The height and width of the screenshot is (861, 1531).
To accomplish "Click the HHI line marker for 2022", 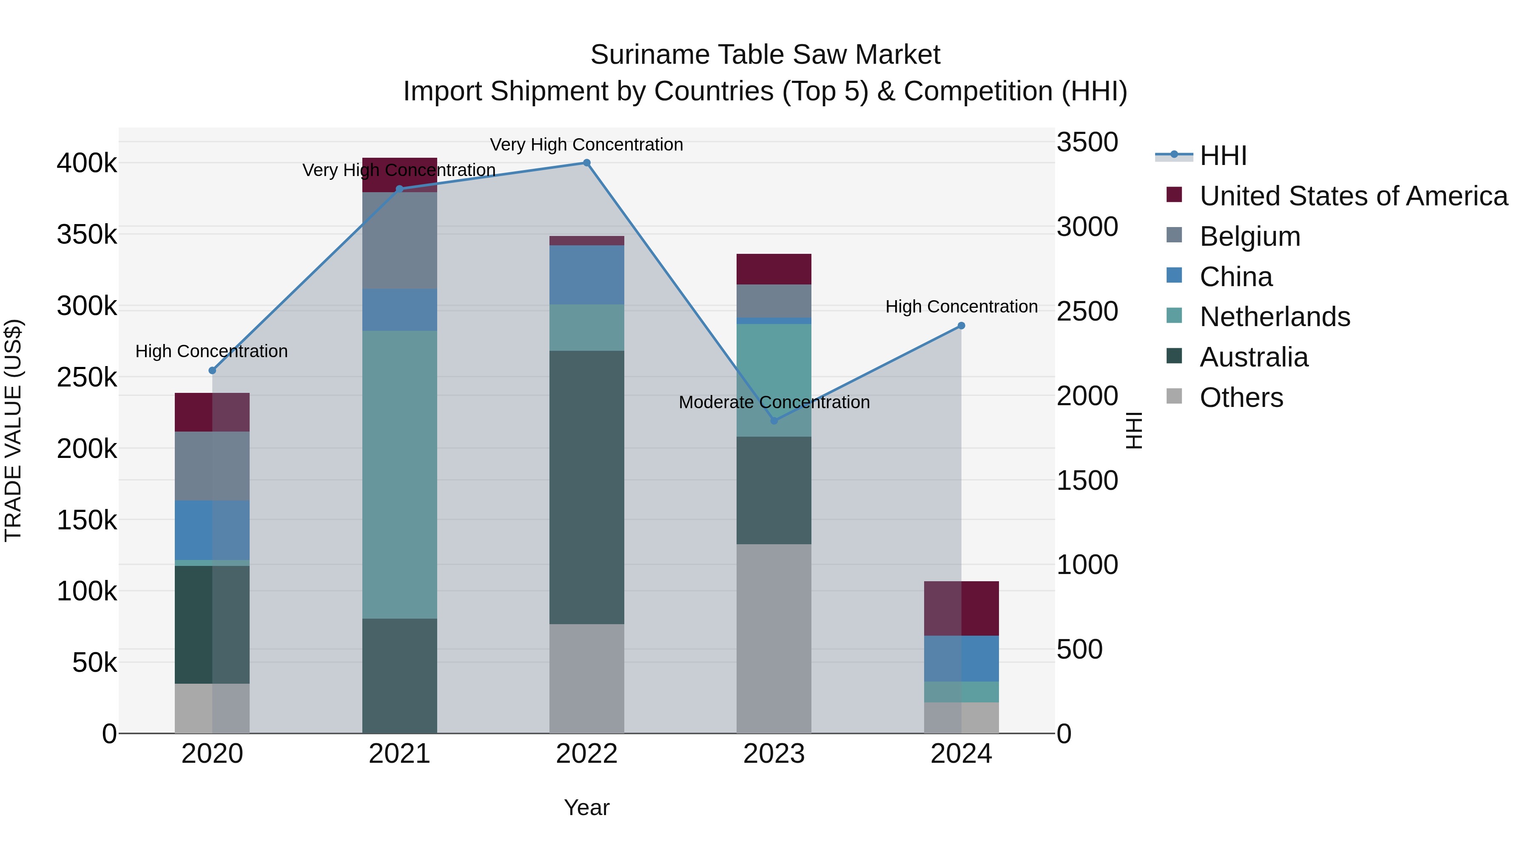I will [x=586, y=163].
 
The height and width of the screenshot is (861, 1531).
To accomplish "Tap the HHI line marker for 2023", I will [x=774, y=421].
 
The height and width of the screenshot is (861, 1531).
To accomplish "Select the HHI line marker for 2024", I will [x=961, y=326].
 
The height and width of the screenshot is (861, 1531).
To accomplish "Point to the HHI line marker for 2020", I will [x=212, y=370].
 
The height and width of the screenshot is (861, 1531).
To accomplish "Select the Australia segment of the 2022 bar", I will [x=586, y=487].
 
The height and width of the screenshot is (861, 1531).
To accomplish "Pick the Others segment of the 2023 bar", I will [x=774, y=639].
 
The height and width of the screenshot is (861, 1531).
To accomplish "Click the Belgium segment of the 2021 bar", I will [x=399, y=241].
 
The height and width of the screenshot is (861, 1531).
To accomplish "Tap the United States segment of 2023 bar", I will [x=774, y=269].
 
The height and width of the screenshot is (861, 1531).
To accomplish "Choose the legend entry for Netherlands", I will [x=1274, y=317].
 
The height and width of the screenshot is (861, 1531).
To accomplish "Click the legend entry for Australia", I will [x=1253, y=357].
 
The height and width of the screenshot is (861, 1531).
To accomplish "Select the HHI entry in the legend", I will [x=1223, y=156].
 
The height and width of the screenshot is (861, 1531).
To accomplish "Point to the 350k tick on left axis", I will [x=87, y=235].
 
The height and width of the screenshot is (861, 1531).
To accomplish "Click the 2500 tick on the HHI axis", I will [x=1087, y=311].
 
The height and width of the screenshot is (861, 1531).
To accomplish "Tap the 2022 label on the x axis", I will [x=586, y=754].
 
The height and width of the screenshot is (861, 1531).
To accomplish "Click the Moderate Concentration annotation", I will [x=774, y=402].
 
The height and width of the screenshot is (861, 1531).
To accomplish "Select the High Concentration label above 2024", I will [x=961, y=307].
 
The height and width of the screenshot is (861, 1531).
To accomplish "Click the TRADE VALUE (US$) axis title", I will [x=13, y=430].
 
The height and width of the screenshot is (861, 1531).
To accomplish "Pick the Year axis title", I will [x=586, y=807].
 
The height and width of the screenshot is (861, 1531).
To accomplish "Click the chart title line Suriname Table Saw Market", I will [x=765, y=55].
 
